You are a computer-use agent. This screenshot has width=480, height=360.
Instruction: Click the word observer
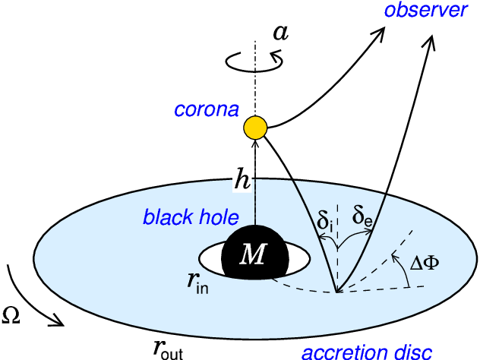[x=425, y=11]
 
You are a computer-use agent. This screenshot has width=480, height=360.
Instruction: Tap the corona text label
[x=207, y=110]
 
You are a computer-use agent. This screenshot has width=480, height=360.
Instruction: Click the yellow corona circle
[x=255, y=128]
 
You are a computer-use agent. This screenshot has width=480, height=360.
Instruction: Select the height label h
[x=242, y=180]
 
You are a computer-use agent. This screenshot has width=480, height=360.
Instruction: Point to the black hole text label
[x=191, y=218]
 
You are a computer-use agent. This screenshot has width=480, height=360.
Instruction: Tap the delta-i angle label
[x=325, y=224]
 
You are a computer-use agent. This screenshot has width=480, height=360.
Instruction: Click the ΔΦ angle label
[x=425, y=263]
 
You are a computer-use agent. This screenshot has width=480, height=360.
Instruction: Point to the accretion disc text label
[x=368, y=352]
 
